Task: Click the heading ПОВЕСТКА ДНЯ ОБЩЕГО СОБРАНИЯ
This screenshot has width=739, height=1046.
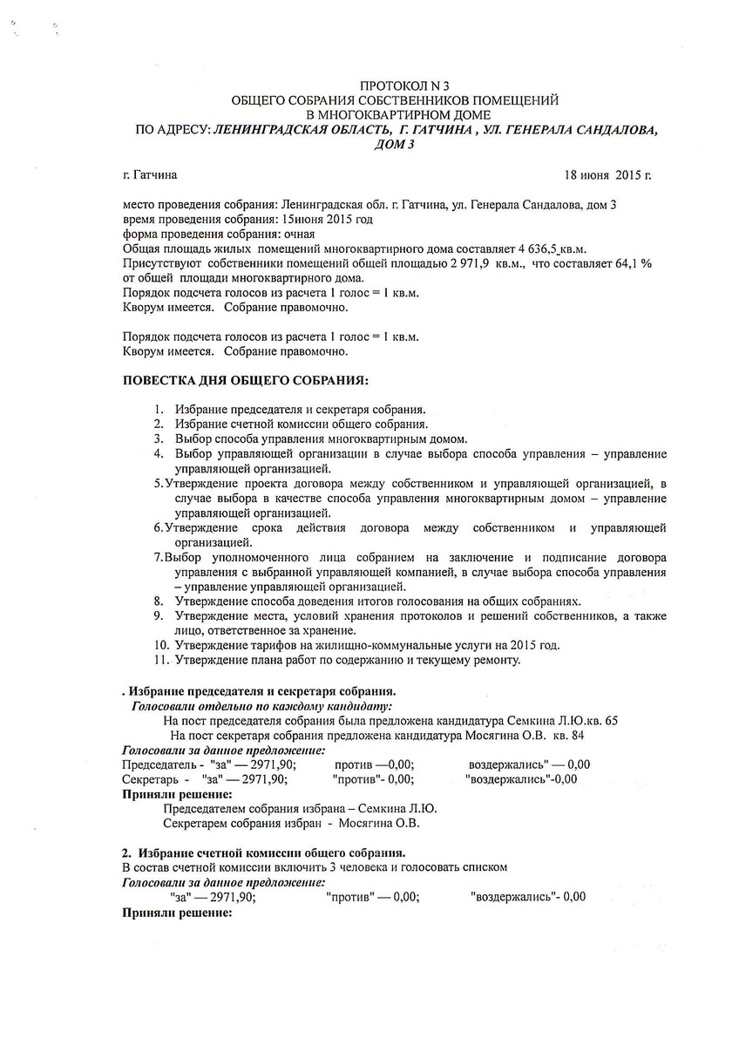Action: point(245,381)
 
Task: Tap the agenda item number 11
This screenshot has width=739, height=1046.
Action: point(159,660)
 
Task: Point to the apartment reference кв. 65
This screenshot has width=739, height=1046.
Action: point(602,721)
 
